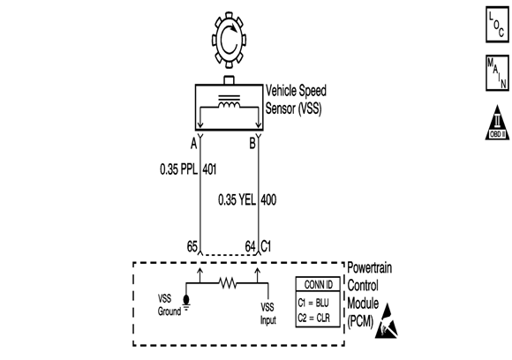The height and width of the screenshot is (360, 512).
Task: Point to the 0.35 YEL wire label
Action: (236, 199)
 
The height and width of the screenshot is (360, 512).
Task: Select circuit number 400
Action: (268, 199)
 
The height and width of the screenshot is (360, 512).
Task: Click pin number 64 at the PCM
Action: (250, 246)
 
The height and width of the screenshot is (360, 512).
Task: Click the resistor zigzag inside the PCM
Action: (228, 285)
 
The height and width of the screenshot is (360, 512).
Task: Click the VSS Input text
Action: (268, 312)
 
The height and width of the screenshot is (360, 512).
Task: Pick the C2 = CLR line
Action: (315, 316)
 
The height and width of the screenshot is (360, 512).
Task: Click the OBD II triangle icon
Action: (494, 124)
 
